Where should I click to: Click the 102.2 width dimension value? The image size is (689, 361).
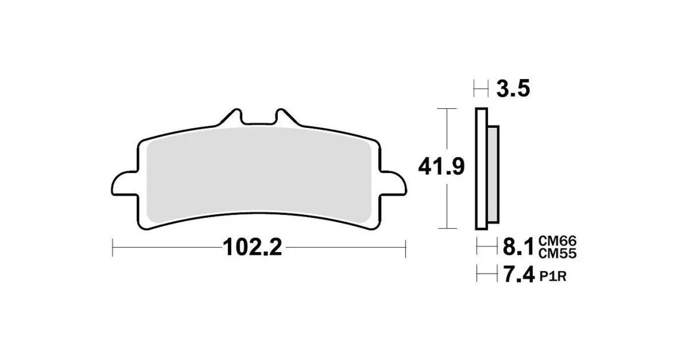253,248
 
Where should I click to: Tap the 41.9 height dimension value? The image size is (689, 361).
441,167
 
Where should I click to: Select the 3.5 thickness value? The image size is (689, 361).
513,89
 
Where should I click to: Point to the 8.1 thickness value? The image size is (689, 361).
518,246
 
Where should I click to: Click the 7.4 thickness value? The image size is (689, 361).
518,275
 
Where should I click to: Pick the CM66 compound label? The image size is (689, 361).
557,241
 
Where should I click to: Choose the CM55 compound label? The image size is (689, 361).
557,253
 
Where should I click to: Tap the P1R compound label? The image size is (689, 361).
553,276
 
